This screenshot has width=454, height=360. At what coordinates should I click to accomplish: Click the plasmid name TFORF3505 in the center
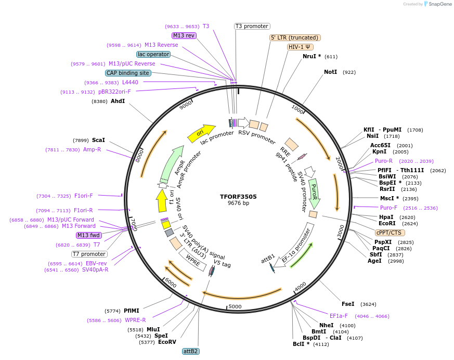click(x=238, y=197)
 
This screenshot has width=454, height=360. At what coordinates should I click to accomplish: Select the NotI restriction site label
click(x=330, y=72)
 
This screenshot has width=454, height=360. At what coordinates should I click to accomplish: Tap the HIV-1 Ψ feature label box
click(x=300, y=47)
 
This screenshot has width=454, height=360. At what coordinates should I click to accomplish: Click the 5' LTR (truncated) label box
click(x=295, y=37)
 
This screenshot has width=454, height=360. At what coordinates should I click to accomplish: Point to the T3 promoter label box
click(x=252, y=26)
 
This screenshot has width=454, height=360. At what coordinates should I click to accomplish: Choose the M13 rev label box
click(x=184, y=35)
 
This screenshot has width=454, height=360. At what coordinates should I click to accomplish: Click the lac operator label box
click(x=153, y=54)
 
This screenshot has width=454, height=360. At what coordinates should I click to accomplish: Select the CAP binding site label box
click(x=128, y=73)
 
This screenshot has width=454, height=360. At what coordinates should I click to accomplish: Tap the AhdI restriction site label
click(x=118, y=101)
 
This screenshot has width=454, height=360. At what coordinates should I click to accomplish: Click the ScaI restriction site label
click(x=98, y=140)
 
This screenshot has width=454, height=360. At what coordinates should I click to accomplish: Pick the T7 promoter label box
click(x=89, y=254)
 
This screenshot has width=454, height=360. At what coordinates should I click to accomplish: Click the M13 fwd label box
click(x=88, y=235)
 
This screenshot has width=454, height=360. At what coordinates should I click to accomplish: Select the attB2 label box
click(x=190, y=351)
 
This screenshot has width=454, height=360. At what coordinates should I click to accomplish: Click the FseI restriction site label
click(x=348, y=304)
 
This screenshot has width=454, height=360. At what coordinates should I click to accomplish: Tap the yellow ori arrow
click(x=201, y=133)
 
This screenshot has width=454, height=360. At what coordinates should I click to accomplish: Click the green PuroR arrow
click(x=314, y=192)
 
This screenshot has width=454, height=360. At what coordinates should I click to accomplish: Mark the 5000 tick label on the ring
click(x=235, y=306)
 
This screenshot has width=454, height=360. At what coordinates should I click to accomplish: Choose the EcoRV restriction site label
click(x=167, y=342)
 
